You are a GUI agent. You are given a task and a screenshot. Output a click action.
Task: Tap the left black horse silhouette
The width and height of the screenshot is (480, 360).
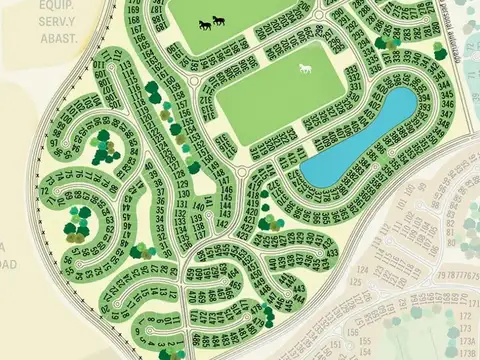coord(204,24)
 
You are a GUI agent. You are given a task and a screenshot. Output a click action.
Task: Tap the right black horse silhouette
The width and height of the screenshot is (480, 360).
coord(218,21)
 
